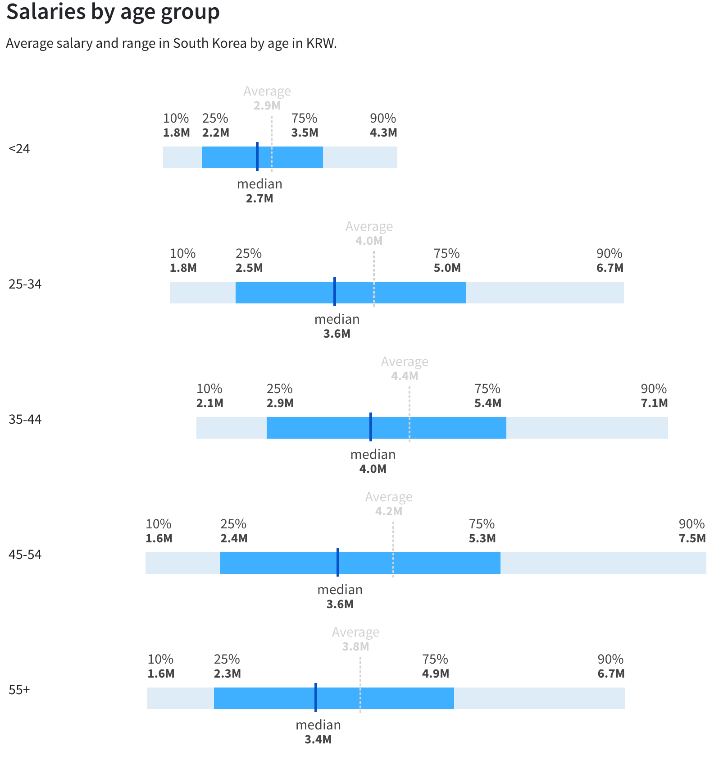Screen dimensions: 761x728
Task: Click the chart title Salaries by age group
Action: click(x=113, y=12)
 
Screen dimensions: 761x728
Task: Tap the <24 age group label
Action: click(x=19, y=149)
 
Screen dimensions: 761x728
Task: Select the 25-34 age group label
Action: click(x=25, y=284)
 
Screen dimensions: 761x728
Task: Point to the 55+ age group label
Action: click(x=19, y=690)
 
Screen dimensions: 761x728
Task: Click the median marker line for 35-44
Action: click(x=371, y=427)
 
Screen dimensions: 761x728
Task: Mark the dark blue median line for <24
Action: click(x=257, y=156)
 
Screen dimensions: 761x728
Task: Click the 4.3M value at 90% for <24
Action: click(x=383, y=133)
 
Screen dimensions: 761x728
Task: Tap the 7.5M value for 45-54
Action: click(x=692, y=538)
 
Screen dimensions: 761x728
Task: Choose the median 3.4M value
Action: click(x=318, y=739)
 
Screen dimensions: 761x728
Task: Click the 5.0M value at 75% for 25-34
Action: click(x=447, y=268)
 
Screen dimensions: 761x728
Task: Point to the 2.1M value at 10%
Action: click(x=209, y=403)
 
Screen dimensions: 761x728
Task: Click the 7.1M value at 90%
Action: click(x=654, y=403)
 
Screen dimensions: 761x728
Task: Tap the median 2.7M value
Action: click(x=259, y=198)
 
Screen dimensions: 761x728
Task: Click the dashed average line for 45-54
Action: click(x=393, y=550)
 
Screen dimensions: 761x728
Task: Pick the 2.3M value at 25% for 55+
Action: click(x=227, y=674)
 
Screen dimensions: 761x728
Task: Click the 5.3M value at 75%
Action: click(x=482, y=538)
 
